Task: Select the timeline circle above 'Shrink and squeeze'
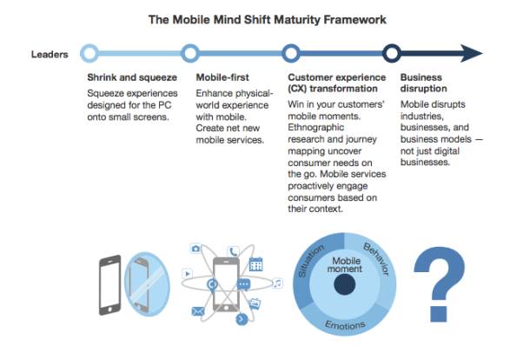point(89,54)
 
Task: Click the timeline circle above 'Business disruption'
point(391,54)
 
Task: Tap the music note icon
point(277,283)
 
